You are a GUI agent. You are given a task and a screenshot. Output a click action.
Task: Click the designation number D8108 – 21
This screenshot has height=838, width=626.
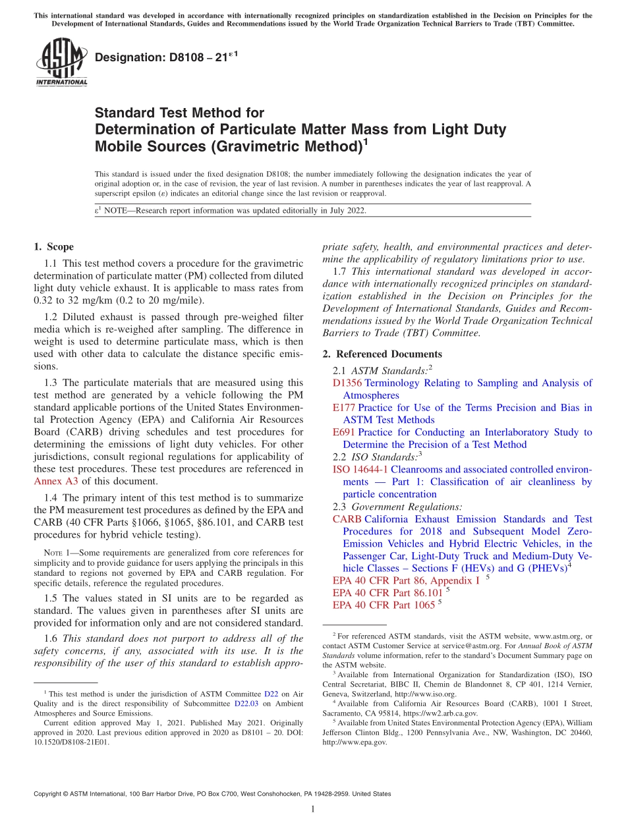[166, 58]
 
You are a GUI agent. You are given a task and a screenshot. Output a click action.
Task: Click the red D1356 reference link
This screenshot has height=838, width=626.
[347, 383]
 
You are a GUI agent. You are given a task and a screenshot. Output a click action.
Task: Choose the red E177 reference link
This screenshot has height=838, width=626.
[345, 408]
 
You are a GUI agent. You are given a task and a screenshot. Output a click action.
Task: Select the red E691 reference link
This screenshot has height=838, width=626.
[345, 432]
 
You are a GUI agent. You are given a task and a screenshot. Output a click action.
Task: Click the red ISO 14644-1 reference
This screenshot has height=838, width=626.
[360, 470]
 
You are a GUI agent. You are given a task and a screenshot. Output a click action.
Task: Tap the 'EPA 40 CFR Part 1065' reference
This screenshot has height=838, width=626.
[384, 605]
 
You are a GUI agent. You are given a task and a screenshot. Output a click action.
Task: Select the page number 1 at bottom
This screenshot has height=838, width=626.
[313, 810]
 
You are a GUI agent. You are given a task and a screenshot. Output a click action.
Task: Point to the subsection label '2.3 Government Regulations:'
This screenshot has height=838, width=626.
[397, 507]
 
